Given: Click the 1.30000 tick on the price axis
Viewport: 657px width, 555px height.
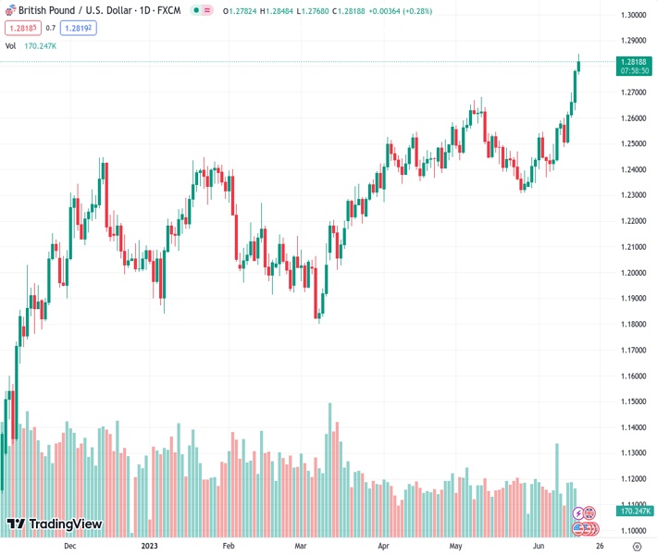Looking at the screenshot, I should click(634, 16).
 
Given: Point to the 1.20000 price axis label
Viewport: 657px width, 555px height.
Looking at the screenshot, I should click(634, 273).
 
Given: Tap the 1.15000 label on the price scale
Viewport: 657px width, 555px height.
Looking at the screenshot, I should click(634, 401).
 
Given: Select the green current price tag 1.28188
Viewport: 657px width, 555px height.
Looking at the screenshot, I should click(634, 61).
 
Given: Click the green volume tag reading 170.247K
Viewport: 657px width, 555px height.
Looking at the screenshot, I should click(634, 511).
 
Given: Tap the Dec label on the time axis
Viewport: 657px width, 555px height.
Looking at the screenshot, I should click(70, 546).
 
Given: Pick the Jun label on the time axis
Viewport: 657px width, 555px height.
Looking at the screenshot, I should click(539, 546).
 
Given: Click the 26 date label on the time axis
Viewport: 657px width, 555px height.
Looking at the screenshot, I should click(600, 546).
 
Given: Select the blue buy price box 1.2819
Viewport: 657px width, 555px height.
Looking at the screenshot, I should click(78, 28).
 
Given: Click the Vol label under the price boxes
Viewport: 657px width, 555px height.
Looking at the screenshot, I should click(11, 45).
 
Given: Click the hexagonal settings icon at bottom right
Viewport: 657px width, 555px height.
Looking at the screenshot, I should click(635, 546).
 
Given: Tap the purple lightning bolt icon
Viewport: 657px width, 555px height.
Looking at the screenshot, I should click(579, 512).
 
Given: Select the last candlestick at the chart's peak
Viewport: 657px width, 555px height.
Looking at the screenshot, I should click(579, 63).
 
